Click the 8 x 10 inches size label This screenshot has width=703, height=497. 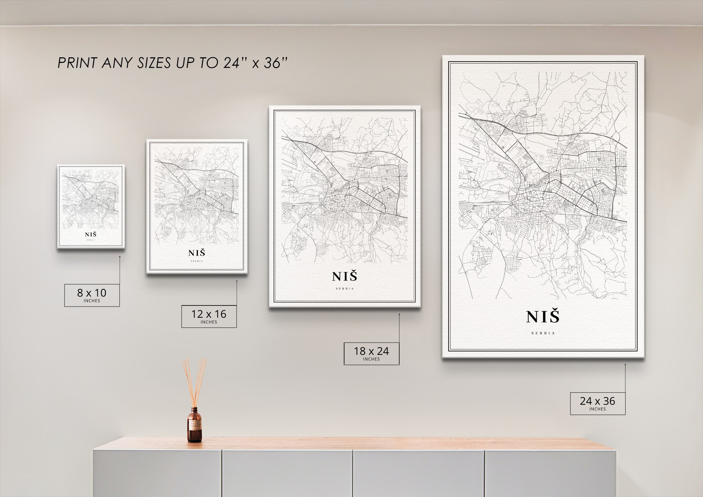[92, 295]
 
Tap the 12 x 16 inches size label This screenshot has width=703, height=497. [209, 316]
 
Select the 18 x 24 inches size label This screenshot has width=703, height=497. [371, 353]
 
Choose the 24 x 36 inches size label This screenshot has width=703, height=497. [598, 403]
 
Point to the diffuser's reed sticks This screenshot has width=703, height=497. [194, 381]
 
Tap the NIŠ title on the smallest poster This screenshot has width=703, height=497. [91, 234]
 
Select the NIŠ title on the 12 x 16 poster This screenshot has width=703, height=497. [196, 253]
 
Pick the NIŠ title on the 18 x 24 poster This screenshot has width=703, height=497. [344, 276]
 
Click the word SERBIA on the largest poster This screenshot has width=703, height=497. [543, 333]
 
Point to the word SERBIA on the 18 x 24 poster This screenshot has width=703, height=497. [344, 289]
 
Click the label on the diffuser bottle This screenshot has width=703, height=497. [194, 427]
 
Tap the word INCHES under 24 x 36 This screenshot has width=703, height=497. [598, 409]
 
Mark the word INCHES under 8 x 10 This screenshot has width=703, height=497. [92, 301]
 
